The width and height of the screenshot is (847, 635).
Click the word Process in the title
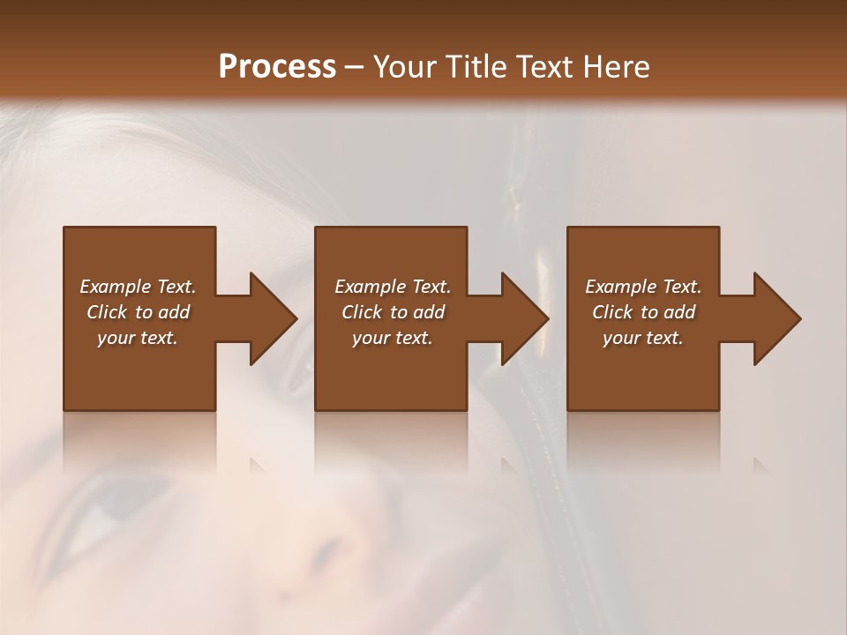[277, 67]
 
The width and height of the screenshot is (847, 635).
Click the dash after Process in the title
[354, 68]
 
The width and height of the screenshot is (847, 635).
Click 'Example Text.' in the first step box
[138, 287]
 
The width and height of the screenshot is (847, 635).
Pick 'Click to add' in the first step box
[138, 312]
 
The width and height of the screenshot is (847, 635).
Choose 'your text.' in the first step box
[138, 338]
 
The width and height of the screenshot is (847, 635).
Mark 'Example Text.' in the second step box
[392, 287]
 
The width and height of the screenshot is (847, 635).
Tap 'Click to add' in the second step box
[392, 312]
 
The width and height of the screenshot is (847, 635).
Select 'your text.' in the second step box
[392, 338]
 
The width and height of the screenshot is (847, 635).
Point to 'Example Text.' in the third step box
[643, 287]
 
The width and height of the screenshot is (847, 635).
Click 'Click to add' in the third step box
[643, 312]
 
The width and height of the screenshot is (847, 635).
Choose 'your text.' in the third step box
[643, 338]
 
